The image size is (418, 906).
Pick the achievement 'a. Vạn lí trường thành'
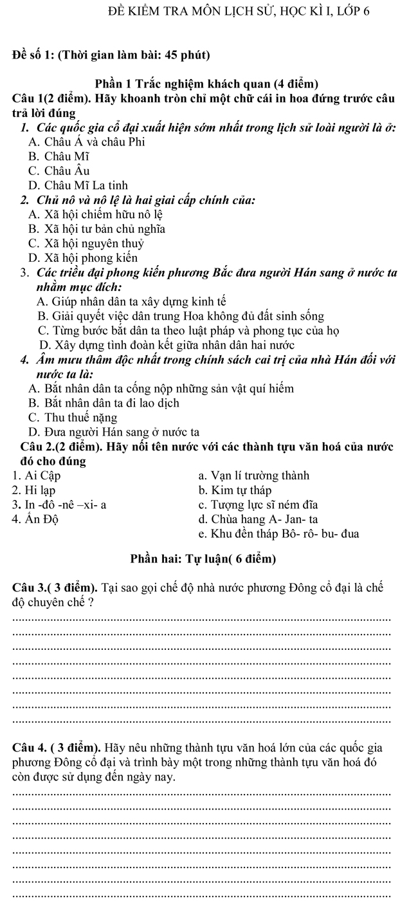[254, 476]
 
